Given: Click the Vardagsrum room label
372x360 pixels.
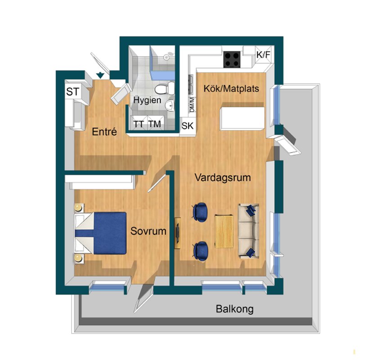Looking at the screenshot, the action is click(x=223, y=177).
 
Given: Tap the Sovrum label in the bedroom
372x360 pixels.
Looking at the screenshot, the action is click(x=148, y=231).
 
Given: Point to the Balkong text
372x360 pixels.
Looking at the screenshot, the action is click(x=235, y=309).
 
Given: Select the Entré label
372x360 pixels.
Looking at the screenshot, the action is click(x=104, y=132).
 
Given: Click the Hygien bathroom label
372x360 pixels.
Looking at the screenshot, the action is click(x=147, y=100).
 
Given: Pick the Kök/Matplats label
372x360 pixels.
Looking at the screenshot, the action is click(x=231, y=89).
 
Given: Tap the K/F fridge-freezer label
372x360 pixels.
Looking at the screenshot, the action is click(x=263, y=54).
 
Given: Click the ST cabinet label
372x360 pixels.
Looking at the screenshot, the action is click(x=72, y=92).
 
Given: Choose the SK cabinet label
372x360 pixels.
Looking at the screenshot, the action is click(x=188, y=126).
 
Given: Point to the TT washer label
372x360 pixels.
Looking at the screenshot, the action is click(x=138, y=124).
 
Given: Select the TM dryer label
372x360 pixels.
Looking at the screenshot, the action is click(x=155, y=124).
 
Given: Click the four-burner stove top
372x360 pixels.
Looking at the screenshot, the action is click(x=232, y=59).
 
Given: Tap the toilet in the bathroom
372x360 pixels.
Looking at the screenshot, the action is click(x=165, y=89).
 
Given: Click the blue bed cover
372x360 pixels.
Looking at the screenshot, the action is click(x=110, y=233).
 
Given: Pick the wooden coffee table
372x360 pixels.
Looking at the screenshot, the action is click(x=224, y=231).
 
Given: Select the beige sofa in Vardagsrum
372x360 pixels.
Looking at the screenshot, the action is click(x=248, y=231).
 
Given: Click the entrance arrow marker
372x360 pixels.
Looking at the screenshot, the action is click(x=100, y=76).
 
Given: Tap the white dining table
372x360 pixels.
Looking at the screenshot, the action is click(x=242, y=118).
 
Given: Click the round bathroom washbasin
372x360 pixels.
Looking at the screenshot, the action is click(x=170, y=105).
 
